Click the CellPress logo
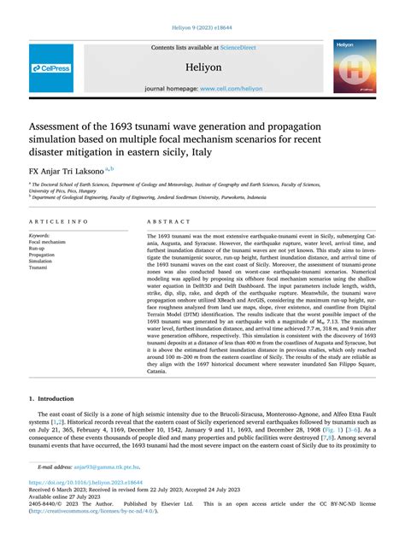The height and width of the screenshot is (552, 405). coord(52,68)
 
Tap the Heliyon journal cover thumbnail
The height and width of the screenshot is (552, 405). coord(354,66)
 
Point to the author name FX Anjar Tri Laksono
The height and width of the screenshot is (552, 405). coord(67,171)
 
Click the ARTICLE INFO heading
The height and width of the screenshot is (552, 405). coord(59,221)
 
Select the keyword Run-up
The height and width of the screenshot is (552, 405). coord(40,249)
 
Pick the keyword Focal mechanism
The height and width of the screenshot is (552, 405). coord(48,242)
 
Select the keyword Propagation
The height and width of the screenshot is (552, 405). coord(42,255)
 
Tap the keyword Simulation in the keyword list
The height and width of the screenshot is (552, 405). coord(42,261)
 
